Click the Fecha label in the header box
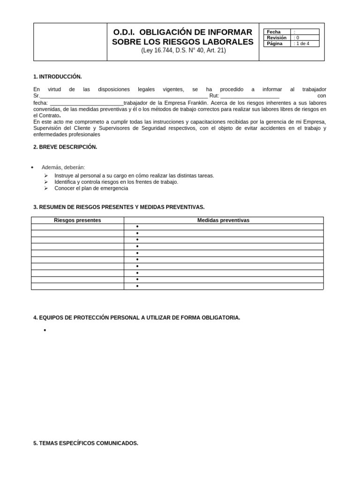tap(274, 32)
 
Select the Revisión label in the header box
tap(277, 37)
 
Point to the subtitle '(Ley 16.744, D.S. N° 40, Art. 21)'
tap(183, 51)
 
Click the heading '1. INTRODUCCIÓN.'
tap(58, 76)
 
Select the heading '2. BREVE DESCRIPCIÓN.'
tap(65, 147)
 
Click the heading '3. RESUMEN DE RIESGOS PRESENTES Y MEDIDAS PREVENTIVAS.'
tap(119, 207)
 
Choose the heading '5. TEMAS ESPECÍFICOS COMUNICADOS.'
tap(86, 442)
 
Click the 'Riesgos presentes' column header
tap(77, 220)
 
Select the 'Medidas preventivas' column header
tap(223, 220)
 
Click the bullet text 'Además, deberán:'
tap(63, 167)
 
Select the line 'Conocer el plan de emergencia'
tap(91, 188)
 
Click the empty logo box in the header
tap(70, 42)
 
